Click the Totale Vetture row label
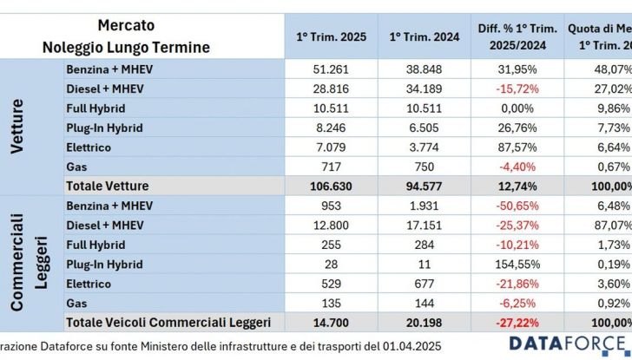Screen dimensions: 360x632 [107, 186]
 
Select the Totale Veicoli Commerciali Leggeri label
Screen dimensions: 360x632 [168, 323]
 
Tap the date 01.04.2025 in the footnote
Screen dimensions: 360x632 [410, 347]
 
